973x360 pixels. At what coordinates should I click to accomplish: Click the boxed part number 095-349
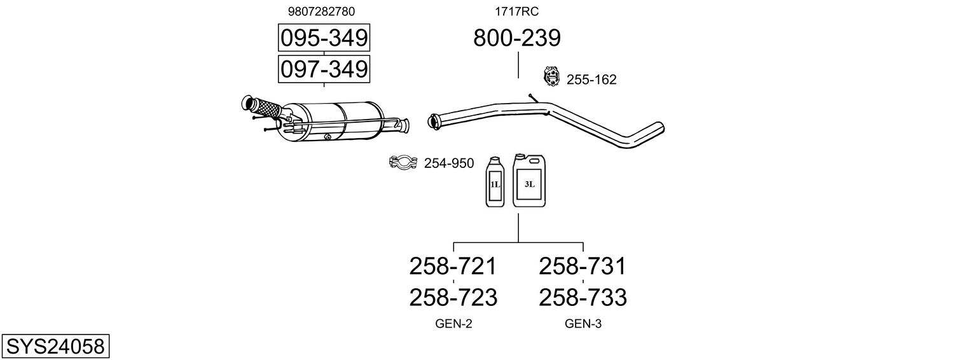tap(324, 38)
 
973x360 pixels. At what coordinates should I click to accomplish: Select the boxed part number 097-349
tap(324, 69)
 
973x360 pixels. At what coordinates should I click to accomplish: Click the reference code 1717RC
tap(517, 11)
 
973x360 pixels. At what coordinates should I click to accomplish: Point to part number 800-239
tap(517, 38)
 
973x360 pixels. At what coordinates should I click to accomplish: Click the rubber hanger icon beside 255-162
tap(551, 77)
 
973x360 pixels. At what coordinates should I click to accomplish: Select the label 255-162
tap(591, 80)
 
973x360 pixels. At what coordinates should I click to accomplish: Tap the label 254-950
tap(449, 163)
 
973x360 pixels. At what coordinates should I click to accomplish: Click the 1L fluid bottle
tap(495, 183)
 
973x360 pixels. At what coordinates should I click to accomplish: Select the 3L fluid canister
tap(529, 181)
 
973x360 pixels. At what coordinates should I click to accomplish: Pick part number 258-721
tap(453, 267)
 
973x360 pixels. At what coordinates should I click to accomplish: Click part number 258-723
tap(453, 297)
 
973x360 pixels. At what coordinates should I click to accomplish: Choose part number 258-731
tap(583, 267)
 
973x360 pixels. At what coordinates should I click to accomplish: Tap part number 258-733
tap(583, 297)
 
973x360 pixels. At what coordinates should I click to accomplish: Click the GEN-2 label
tap(453, 324)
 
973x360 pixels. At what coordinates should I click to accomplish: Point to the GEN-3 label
tap(583, 324)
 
